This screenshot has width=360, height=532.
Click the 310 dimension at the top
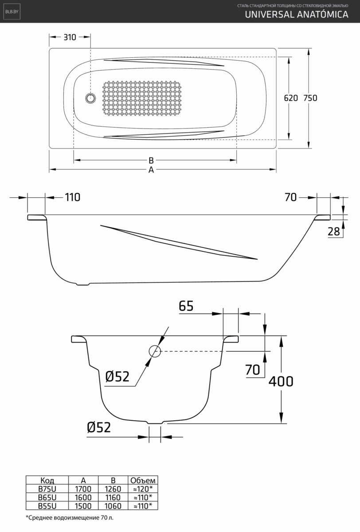coord(70,37)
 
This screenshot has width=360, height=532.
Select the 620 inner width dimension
coord(290,98)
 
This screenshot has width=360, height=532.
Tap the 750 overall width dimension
coord(310,98)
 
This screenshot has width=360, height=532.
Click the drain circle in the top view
coord(90,98)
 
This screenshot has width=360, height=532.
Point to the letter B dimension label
coord(151,160)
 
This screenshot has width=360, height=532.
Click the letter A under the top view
coord(151,170)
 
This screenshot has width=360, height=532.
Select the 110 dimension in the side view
coord(73,197)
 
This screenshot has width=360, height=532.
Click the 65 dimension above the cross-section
coord(187,306)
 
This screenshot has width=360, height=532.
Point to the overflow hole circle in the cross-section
coord(155,351)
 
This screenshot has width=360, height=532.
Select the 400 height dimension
coord(281,381)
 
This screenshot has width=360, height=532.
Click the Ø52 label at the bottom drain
coord(98,427)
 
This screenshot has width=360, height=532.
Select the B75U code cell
coord(47,489)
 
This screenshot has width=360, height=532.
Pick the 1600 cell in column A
coord(83,497)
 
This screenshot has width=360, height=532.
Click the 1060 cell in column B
coord(113,506)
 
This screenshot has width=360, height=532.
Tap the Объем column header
coord(142,480)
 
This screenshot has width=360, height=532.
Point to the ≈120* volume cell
coord(142,489)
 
